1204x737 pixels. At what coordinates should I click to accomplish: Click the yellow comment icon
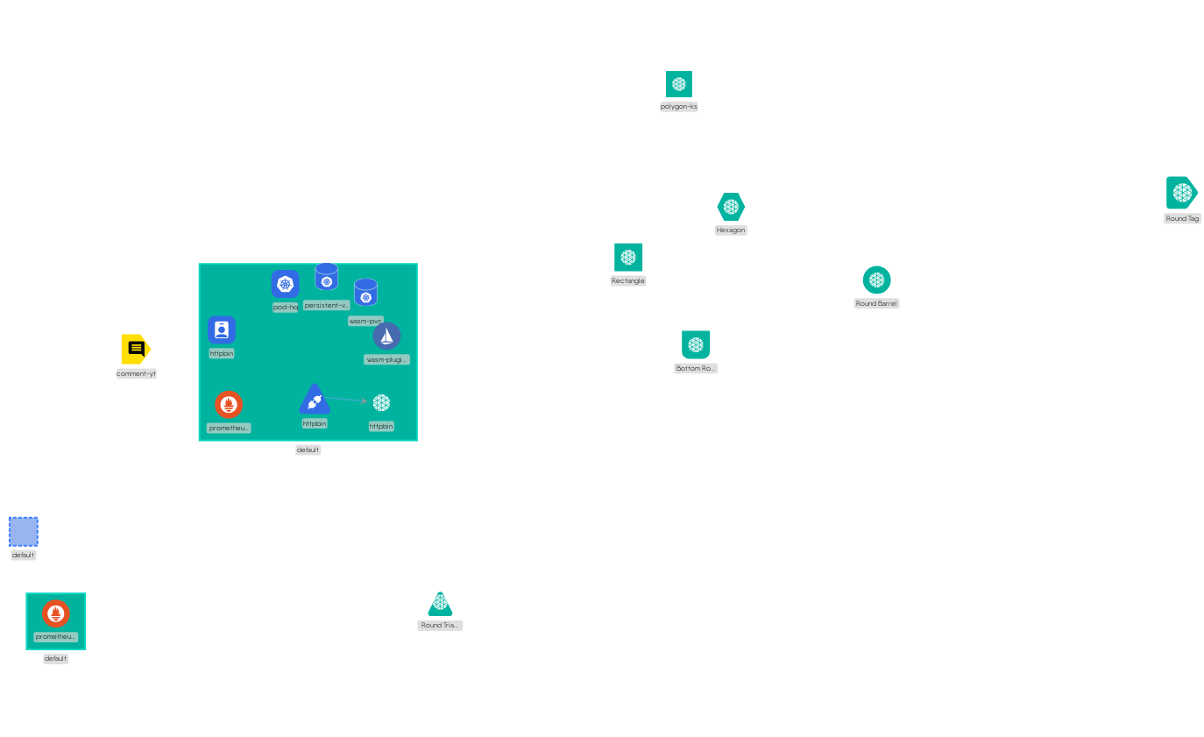pos(136,349)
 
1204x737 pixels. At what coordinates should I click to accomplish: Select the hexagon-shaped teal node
pos(731,207)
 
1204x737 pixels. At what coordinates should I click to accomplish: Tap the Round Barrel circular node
pos(876,280)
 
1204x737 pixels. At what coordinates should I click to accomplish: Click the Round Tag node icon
pos(1181,193)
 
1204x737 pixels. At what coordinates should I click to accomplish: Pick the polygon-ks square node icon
pos(678,84)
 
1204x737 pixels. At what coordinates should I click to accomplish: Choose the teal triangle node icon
pos(440,605)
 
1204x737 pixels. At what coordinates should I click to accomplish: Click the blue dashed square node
pos(24,531)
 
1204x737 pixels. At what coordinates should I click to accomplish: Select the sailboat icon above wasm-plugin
pos(386,336)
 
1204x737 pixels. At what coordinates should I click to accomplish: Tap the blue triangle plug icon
pos(314,400)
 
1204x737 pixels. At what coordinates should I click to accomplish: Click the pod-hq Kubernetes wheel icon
pos(285,283)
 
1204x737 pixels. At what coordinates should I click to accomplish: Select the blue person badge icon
pos(222,330)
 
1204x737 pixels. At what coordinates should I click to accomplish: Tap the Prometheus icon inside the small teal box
pos(55,613)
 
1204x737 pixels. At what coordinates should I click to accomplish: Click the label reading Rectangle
pos(628,280)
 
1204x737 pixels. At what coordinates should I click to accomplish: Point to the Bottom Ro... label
pos(696,369)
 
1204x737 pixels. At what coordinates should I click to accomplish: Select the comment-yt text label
pos(136,373)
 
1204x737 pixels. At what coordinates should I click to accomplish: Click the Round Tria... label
pos(440,626)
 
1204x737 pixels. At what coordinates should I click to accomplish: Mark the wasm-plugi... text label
pos(386,359)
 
